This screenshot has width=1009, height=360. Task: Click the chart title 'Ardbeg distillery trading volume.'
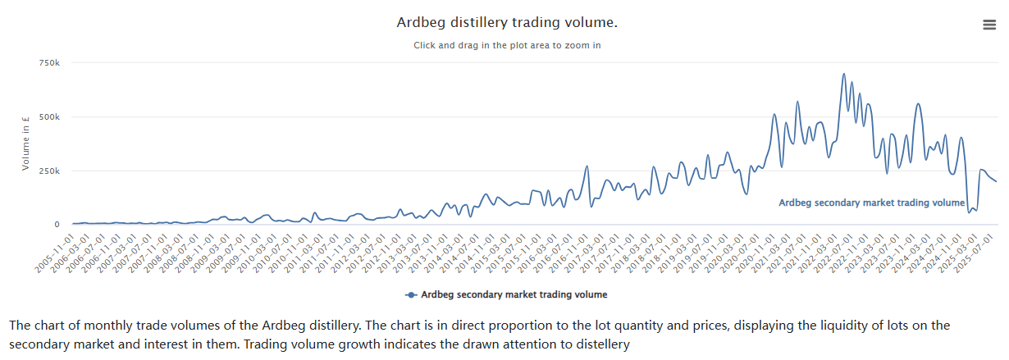[x=507, y=22]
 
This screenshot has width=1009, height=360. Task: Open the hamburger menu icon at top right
[x=989, y=25]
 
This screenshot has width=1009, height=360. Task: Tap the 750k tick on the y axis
[x=48, y=63]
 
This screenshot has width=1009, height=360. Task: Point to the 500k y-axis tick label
[x=48, y=117]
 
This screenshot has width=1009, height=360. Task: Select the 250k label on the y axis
[x=48, y=171]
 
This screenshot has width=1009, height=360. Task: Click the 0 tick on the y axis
[x=57, y=225]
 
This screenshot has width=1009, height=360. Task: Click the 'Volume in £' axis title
[x=26, y=144]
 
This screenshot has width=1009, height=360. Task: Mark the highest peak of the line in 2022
[x=844, y=74]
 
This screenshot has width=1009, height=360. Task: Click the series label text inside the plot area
[x=871, y=203]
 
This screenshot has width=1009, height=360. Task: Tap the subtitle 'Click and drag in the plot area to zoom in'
[x=507, y=45]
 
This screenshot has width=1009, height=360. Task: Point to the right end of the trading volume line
[x=997, y=181]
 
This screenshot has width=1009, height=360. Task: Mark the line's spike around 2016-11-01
[x=587, y=166]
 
